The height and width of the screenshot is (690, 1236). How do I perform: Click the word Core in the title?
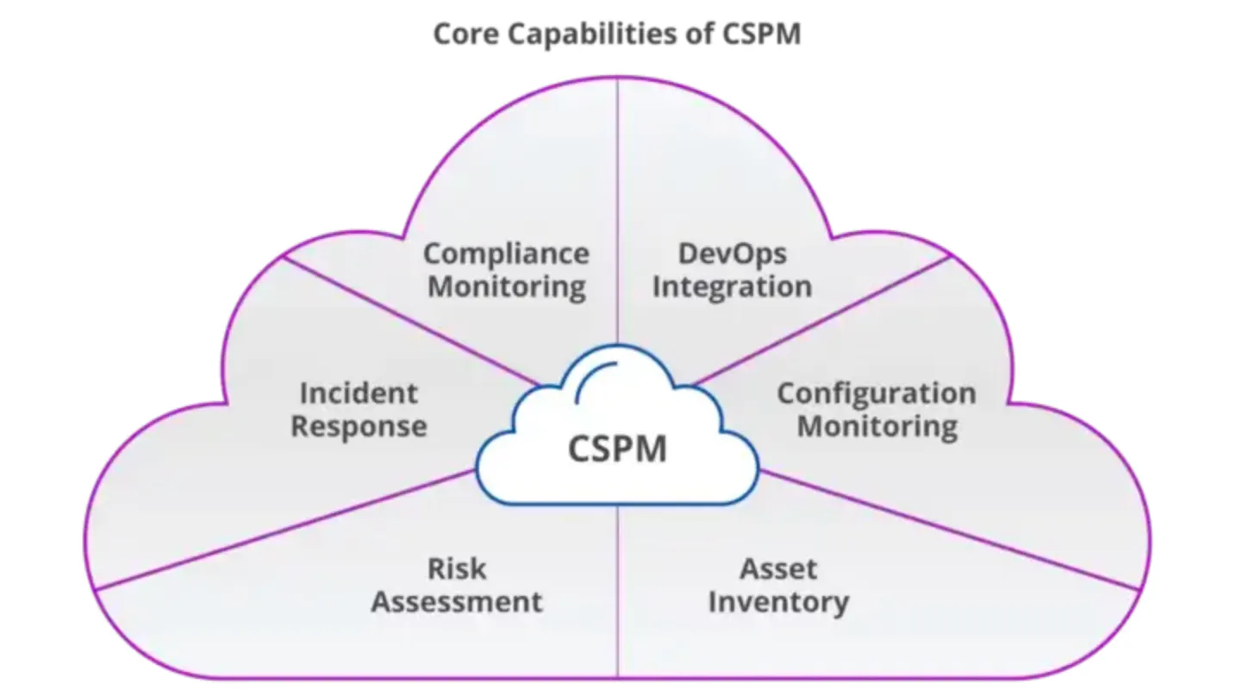click(x=466, y=34)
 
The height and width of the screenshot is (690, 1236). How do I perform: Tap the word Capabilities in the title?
click(x=592, y=35)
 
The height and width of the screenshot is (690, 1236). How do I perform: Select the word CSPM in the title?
click(x=761, y=34)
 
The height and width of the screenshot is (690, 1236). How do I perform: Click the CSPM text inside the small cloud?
click(x=617, y=448)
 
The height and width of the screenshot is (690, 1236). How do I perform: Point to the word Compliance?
click(x=507, y=254)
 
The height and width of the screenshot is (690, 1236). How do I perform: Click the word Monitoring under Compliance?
click(x=507, y=287)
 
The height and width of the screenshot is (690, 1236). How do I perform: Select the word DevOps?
click(x=733, y=254)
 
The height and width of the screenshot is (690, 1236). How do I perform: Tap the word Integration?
click(x=733, y=287)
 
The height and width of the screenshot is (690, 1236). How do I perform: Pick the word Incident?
click(x=359, y=393)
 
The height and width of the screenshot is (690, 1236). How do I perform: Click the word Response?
click(x=359, y=427)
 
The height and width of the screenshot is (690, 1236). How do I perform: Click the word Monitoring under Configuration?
click(x=877, y=427)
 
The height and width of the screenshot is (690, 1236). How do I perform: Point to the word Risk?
click(x=457, y=568)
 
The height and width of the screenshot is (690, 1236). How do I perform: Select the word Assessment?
click(x=457, y=602)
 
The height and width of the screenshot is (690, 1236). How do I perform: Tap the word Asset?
click(x=778, y=569)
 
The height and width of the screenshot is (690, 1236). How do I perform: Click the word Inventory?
click(x=778, y=603)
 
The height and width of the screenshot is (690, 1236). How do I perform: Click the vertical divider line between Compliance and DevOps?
click(x=617, y=210)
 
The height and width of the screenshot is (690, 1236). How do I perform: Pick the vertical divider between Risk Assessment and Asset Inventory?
click(x=618, y=591)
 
